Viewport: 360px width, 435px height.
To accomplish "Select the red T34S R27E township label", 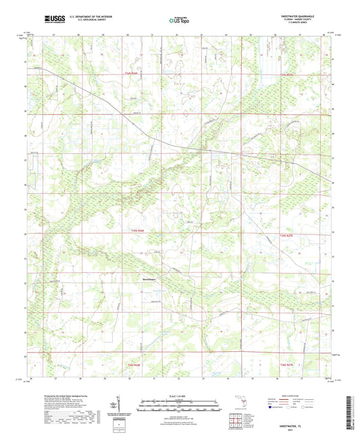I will click(x=288, y=74).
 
